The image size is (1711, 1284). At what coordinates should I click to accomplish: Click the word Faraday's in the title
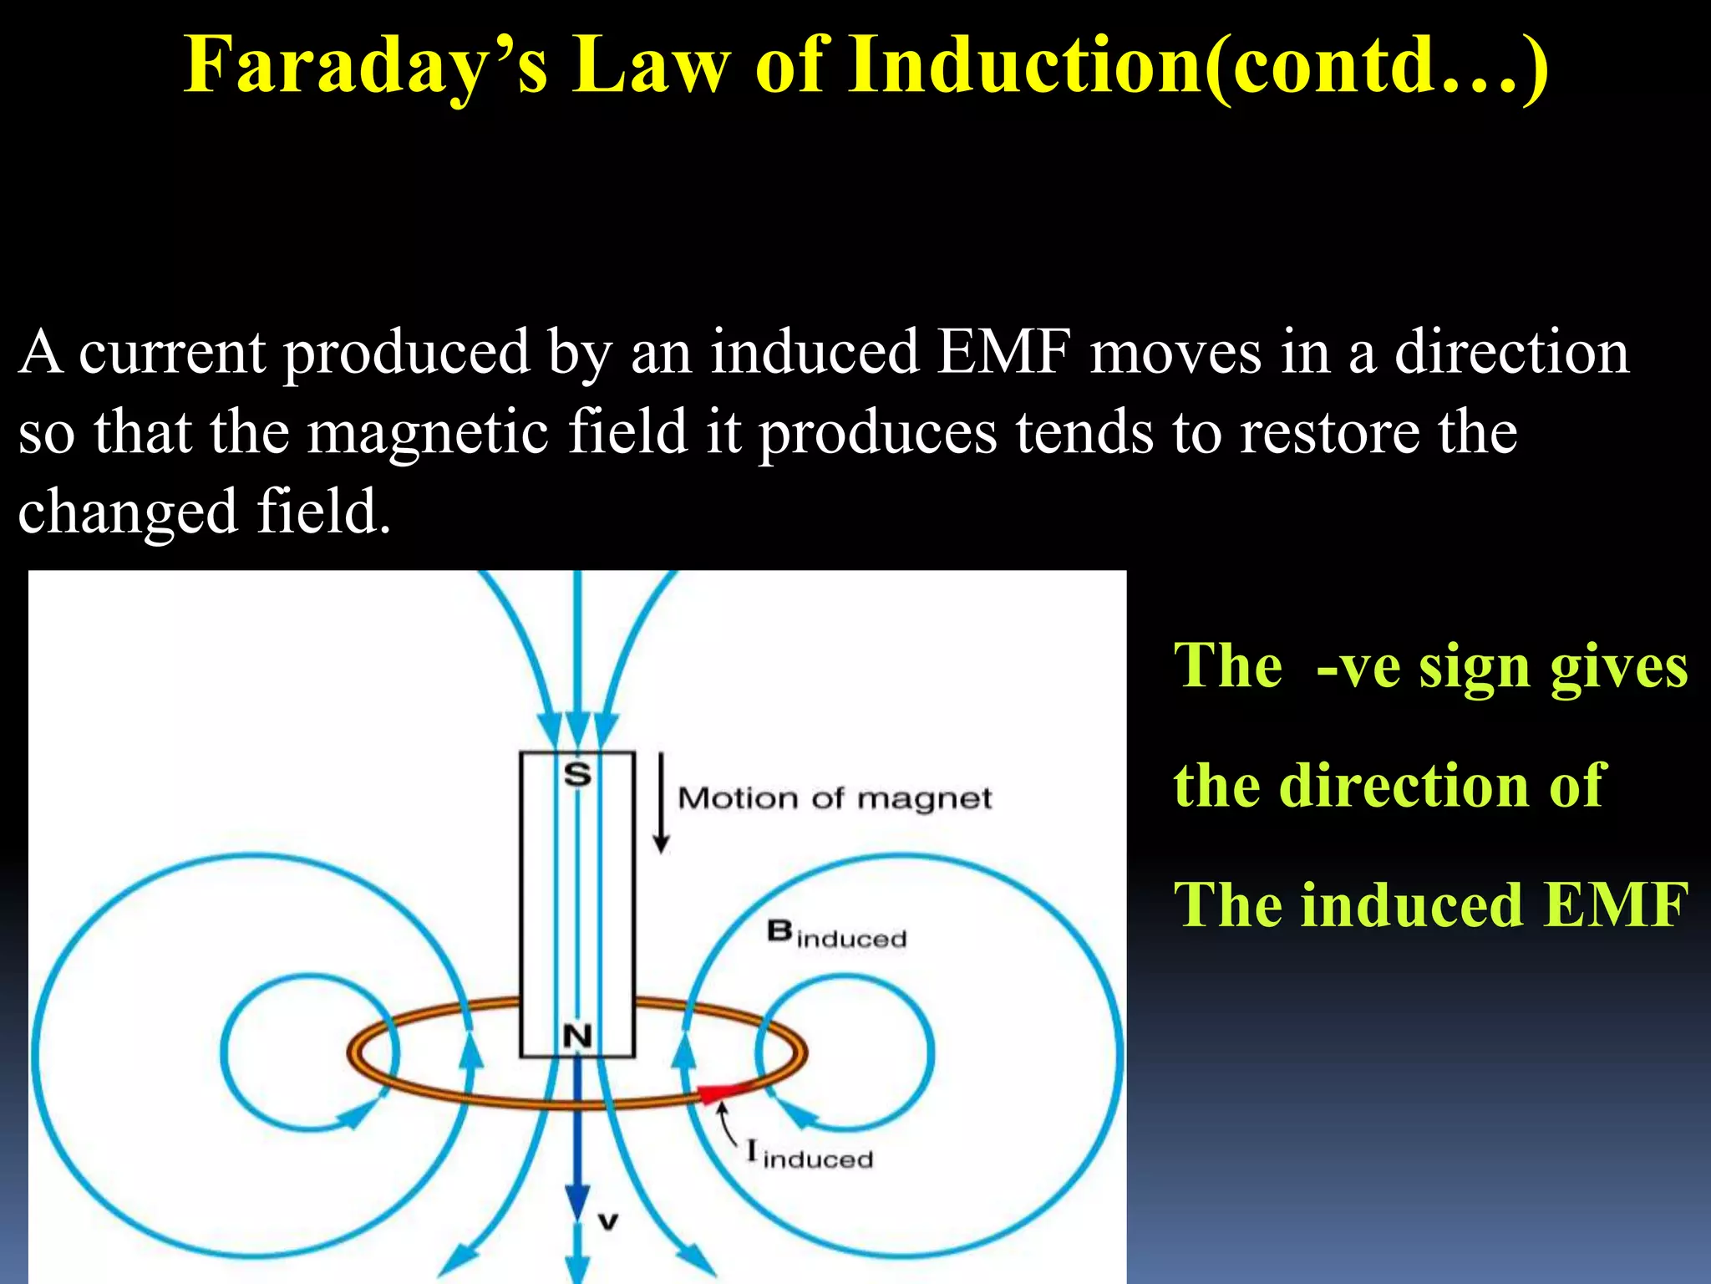(x=366, y=67)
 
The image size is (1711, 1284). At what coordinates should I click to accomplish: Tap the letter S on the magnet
(x=577, y=775)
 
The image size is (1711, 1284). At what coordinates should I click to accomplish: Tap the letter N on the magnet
(x=577, y=1037)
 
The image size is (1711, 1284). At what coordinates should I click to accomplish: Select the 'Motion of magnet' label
(x=834, y=798)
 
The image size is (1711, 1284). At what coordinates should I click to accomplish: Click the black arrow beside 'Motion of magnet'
(x=661, y=802)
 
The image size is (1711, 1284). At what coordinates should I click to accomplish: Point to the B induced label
(x=835, y=935)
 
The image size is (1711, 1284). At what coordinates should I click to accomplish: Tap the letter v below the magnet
(x=608, y=1222)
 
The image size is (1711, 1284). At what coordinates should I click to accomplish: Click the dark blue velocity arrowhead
(x=577, y=1202)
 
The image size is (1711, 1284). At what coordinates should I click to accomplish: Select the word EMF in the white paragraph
(x=1003, y=353)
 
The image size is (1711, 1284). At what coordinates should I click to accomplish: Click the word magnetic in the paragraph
(x=428, y=433)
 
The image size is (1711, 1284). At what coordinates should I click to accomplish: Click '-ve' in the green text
(x=1358, y=667)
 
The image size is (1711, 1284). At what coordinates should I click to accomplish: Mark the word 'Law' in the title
(x=651, y=67)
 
